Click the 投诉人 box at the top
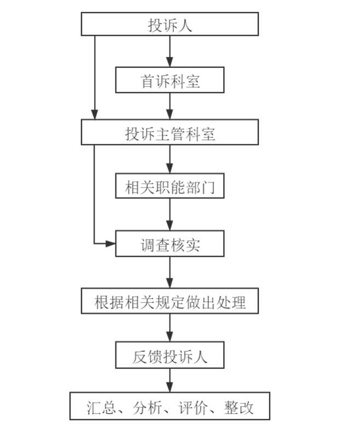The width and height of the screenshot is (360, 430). pyautogui.click(x=170, y=25)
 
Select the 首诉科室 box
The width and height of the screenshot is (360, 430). pyautogui.click(x=170, y=80)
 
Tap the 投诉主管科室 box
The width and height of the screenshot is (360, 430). pyautogui.click(x=170, y=133)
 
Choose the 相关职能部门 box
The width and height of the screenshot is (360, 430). pyautogui.click(x=170, y=187)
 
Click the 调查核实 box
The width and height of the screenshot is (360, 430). pyautogui.click(x=170, y=244)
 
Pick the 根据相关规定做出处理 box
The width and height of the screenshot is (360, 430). pyautogui.click(x=170, y=301)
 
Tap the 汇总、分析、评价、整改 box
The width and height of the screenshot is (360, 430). pyautogui.click(x=170, y=406)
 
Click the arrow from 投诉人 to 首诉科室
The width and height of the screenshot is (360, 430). pyautogui.click(x=170, y=51)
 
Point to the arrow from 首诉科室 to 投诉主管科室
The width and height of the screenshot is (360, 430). pyautogui.click(x=170, y=106)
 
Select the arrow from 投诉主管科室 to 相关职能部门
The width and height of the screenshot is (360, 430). pyautogui.click(x=170, y=160)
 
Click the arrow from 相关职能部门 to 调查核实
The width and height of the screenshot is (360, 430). pyautogui.click(x=170, y=216)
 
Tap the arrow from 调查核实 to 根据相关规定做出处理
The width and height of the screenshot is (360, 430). pyautogui.click(x=170, y=272)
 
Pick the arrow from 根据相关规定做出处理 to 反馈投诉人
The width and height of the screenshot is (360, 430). pyautogui.click(x=170, y=328)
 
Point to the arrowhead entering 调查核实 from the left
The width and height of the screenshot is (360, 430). pyautogui.click(x=111, y=243)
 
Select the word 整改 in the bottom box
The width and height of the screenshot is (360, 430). pyautogui.click(x=239, y=407)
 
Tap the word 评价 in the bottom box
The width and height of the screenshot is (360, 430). pyautogui.click(x=193, y=407)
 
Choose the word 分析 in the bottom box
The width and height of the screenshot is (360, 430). pyautogui.click(x=147, y=407)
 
